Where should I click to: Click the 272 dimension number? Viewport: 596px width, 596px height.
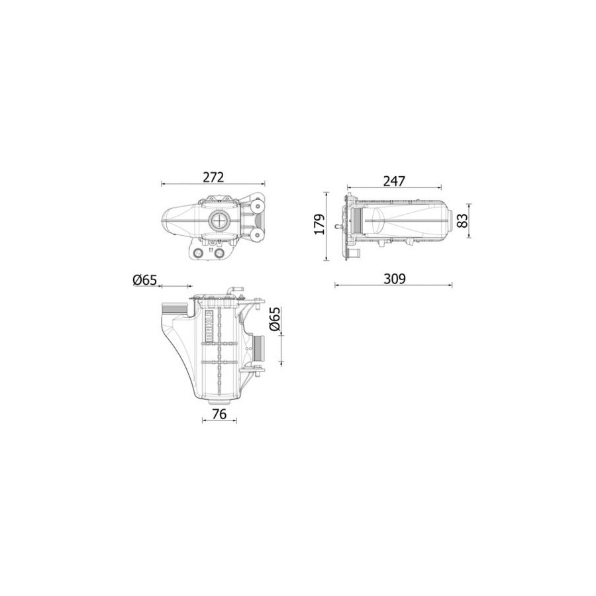tap(213, 177)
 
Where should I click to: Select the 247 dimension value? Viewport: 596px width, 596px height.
tap(394, 181)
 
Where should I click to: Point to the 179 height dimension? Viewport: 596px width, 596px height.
tap(320, 224)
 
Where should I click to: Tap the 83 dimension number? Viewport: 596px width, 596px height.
tap(462, 221)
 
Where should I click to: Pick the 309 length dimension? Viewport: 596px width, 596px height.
tap(394, 279)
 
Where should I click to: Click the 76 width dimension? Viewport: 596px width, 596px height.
tap(219, 414)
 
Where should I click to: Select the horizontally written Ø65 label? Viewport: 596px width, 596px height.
tap(145, 280)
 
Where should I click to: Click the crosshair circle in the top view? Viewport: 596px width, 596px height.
tap(219, 220)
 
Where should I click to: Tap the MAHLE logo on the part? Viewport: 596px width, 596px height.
tap(209, 325)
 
